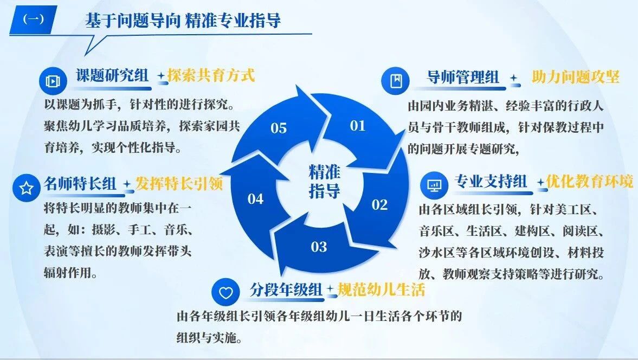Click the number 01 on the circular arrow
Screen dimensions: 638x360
[x=358, y=126]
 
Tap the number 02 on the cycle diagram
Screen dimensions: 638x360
[x=379, y=204]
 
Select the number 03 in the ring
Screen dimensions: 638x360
[x=319, y=247]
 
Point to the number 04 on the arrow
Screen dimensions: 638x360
[x=255, y=199]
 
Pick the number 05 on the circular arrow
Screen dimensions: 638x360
[x=279, y=128]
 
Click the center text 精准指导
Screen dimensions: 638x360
[x=324, y=182]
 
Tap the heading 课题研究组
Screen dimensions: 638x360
[x=112, y=75]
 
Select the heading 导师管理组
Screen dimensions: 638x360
[x=462, y=77]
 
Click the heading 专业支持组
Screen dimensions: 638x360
[x=491, y=182]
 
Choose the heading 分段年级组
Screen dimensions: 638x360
[x=286, y=290]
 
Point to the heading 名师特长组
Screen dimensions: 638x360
[x=80, y=183]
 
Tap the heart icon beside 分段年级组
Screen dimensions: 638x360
[x=226, y=292]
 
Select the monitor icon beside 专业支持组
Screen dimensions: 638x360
[x=434, y=185]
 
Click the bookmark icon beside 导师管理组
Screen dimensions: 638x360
[x=396, y=81]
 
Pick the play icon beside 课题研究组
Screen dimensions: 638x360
[x=53, y=81]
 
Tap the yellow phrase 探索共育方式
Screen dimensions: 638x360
[x=211, y=75]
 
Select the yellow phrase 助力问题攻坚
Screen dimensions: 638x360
[x=575, y=77]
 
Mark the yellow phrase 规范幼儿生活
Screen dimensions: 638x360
[x=381, y=290]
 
